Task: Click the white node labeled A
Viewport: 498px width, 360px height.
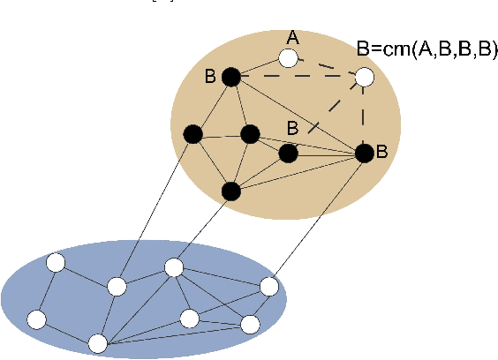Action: pyautogui.click(x=288, y=58)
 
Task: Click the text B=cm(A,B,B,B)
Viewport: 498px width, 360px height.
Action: pyautogui.click(x=422, y=50)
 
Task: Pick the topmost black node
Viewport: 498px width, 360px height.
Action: pyautogui.click(x=231, y=78)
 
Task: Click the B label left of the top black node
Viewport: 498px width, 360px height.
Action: pyautogui.click(x=210, y=77)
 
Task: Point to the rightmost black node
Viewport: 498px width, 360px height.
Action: pyautogui.click(x=364, y=154)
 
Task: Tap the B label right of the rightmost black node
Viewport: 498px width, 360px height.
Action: pyautogui.click(x=382, y=152)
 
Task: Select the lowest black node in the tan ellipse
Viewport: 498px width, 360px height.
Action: pyautogui.click(x=231, y=190)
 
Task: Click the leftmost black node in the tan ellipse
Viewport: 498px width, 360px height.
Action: pyautogui.click(x=192, y=134)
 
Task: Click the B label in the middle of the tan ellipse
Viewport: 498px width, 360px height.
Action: pyautogui.click(x=292, y=129)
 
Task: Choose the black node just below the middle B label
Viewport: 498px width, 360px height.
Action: pyautogui.click(x=288, y=154)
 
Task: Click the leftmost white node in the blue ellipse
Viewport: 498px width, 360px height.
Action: pyautogui.click(x=36, y=319)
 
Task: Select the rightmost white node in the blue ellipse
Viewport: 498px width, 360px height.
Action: pyautogui.click(x=269, y=287)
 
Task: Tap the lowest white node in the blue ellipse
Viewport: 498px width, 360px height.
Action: pyautogui.click(x=97, y=342)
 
